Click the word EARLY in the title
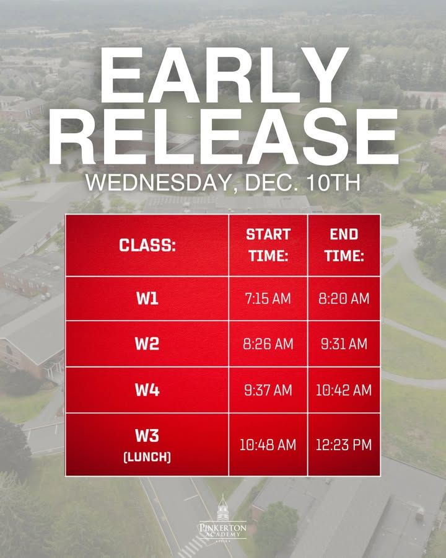click(x=224, y=75)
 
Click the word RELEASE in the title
click(x=223, y=136)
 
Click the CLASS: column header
click(x=147, y=245)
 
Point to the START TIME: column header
click(x=268, y=245)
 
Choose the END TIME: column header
click(x=344, y=245)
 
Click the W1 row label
click(x=147, y=298)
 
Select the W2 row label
click(x=147, y=343)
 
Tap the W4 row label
click(x=147, y=390)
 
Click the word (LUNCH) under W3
click(x=147, y=457)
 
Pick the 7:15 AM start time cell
click(x=268, y=299)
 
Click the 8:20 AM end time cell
click(x=344, y=299)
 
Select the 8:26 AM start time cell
click(x=268, y=344)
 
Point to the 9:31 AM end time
click(x=344, y=344)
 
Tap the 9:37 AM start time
click(x=268, y=391)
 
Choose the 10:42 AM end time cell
click(x=344, y=391)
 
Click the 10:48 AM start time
click(x=268, y=445)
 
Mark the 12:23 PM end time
click(x=344, y=445)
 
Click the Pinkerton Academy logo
click(x=222, y=519)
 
